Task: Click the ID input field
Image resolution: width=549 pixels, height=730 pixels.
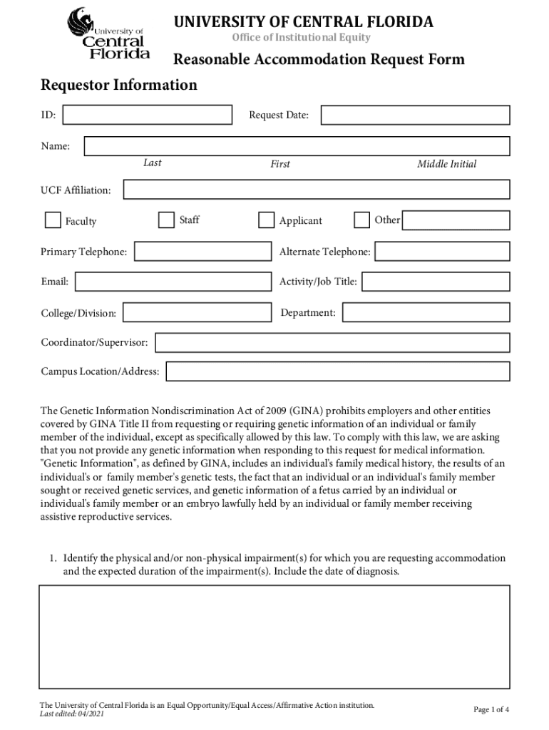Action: (x=148, y=115)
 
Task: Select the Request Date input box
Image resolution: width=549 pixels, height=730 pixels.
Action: (x=415, y=115)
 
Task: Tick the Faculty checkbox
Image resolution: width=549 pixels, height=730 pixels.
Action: (x=53, y=220)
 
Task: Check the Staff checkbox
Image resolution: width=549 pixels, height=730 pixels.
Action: (x=166, y=220)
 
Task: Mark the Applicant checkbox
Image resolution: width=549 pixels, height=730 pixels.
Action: (x=266, y=220)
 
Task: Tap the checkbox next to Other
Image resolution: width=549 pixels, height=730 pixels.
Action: (x=362, y=220)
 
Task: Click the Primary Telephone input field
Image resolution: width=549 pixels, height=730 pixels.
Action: (x=201, y=252)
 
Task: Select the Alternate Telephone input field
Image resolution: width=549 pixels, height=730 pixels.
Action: (x=442, y=252)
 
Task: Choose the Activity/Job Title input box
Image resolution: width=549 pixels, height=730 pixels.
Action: (x=436, y=282)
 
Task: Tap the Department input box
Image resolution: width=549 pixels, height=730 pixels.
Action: (x=426, y=312)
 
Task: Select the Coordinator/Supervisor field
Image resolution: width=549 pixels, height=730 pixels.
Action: (x=332, y=343)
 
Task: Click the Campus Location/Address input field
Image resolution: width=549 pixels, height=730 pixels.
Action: (x=338, y=371)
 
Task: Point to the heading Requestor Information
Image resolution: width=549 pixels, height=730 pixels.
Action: (x=119, y=86)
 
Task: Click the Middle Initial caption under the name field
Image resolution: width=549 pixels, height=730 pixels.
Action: (x=446, y=164)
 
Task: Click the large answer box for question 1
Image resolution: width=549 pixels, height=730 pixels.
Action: (x=274, y=637)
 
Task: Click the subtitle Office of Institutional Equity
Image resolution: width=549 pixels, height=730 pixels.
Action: (x=302, y=37)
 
